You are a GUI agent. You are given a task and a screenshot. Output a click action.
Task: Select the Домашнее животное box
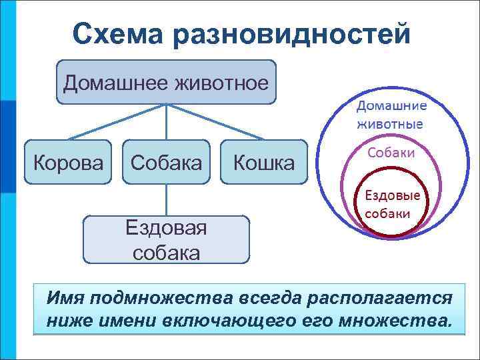tap(166, 82)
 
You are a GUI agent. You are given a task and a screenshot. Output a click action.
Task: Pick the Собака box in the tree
tap(166, 162)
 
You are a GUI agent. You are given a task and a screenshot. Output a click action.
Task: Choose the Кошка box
tap(263, 162)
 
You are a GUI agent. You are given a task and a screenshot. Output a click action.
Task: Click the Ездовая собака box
tap(166, 239)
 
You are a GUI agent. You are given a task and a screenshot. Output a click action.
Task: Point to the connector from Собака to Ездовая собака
tap(166, 199)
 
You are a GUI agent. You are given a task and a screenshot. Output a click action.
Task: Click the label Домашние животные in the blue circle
tap(391, 114)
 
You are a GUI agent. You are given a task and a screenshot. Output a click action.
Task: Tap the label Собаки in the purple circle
tap(391, 153)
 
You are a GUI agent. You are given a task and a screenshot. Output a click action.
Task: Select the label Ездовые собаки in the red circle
tap(391, 205)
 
